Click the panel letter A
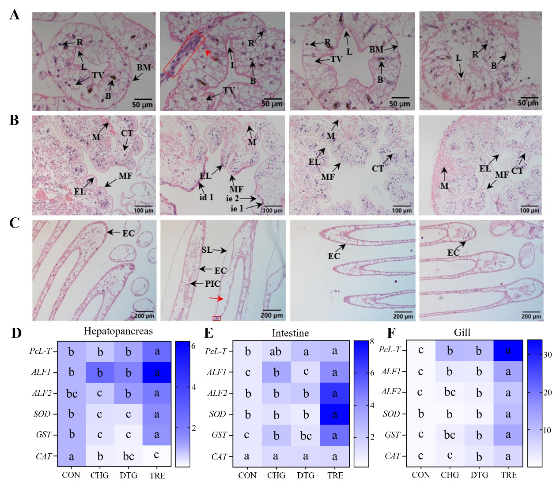[x=15, y=15]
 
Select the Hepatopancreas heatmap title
[x=118, y=331]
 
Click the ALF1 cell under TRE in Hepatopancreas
[x=157, y=372]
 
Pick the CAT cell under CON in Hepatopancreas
[x=71, y=456]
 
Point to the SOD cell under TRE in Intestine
[x=335, y=414]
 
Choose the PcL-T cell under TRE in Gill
[x=508, y=350]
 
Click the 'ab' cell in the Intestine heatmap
[x=276, y=352]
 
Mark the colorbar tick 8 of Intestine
[x=372, y=342]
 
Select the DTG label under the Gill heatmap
[x=479, y=475]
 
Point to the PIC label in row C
[x=212, y=284]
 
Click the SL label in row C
[x=207, y=250]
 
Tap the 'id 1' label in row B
[x=206, y=197]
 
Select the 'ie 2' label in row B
[x=232, y=198]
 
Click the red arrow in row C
[x=216, y=299]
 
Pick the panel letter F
[x=391, y=333]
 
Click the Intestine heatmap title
[x=290, y=333]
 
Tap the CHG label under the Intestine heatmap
[x=276, y=475]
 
